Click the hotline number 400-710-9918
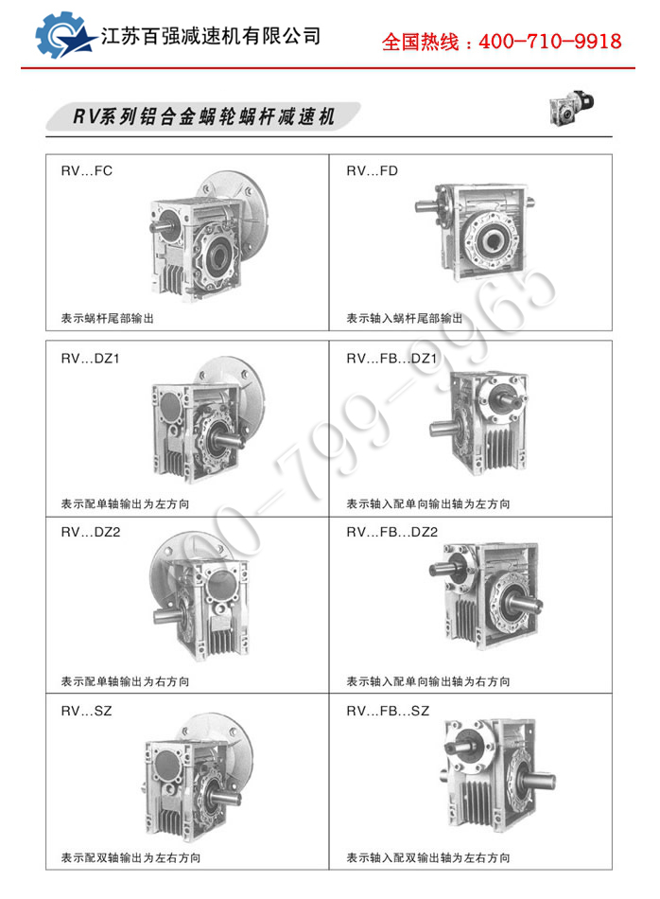550,42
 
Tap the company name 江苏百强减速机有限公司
210,36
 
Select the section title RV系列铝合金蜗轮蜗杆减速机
203,116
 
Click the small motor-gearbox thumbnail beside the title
571,107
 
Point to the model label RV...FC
86,171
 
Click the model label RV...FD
372,171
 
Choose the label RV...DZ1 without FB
90,359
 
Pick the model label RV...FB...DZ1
391,359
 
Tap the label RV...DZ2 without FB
91,532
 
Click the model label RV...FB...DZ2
391,532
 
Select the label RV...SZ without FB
86,711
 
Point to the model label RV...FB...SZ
388,711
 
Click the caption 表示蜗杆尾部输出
108,318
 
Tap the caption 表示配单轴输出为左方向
125,504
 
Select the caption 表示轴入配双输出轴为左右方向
428,857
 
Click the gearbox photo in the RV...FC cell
209,236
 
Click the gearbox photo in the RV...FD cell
475,232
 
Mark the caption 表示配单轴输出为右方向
125,681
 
